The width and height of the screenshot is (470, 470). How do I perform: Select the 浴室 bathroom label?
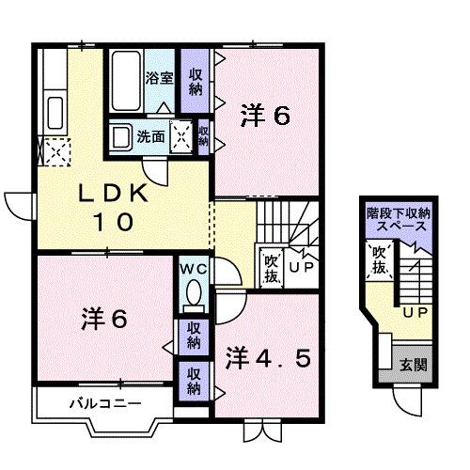pos(157,80)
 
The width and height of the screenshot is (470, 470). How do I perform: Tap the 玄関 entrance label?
pos(412,366)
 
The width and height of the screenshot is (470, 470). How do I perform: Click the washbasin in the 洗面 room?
pos(122,137)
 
